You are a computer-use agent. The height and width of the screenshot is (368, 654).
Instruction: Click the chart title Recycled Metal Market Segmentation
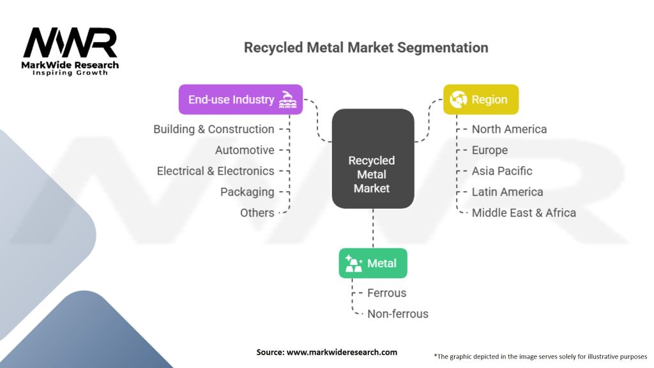(x=366, y=48)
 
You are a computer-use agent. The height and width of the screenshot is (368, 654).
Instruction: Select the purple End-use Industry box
(x=240, y=100)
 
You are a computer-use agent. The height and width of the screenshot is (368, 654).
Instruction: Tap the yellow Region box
(x=480, y=100)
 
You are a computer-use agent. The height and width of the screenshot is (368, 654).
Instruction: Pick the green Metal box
(x=372, y=263)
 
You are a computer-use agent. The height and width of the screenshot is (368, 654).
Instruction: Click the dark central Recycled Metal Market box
(x=372, y=174)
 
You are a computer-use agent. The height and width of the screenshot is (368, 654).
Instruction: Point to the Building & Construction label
(x=214, y=129)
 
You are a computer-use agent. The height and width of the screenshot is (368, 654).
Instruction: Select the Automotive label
(x=245, y=150)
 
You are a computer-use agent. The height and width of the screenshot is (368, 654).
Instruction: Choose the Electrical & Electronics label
(x=216, y=171)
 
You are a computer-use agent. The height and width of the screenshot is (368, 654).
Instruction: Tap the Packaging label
(x=247, y=192)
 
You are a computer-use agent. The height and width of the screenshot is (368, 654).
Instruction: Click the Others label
(x=257, y=213)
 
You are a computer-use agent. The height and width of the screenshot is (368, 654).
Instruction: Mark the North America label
(x=509, y=129)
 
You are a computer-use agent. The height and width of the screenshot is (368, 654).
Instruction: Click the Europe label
(x=490, y=150)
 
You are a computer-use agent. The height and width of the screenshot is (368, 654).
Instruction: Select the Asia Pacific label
(x=502, y=171)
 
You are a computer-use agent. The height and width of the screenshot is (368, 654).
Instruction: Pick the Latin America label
(x=507, y=192)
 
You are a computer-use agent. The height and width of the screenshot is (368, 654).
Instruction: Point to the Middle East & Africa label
(x=524, y=213)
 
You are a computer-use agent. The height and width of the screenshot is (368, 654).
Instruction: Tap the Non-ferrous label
(x=398, y=314)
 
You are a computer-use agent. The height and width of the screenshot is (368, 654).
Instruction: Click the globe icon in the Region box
(x=458, y=100)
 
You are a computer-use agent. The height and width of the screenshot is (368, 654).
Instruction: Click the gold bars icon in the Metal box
(x=354, y=263)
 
